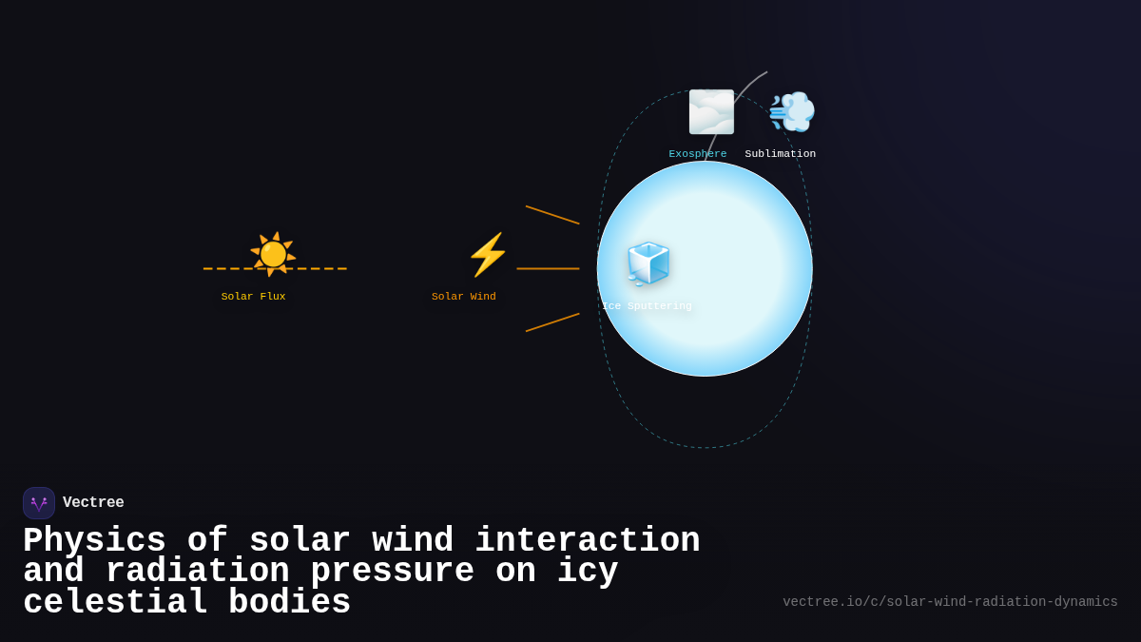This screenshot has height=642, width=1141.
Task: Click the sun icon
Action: [273, 254]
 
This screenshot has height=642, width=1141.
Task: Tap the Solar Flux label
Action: [253, 297]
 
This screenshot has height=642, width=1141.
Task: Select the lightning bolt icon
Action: [488, 255]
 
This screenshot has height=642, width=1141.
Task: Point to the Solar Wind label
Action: [464, 297]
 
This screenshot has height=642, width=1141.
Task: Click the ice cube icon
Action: [648, 263]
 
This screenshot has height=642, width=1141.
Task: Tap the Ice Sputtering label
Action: [647, 306]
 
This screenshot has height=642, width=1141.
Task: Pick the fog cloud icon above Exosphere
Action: [711, 112]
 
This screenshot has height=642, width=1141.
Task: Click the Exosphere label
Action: [698, 154]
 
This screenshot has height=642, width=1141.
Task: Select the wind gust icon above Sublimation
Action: [791, 112]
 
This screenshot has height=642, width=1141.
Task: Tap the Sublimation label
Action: [781, 154]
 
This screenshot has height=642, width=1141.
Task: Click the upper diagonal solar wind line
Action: [552, 215]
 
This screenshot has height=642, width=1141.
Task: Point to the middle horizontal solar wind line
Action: [548, 269]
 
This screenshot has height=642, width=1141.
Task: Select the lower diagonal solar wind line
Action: [552, 322]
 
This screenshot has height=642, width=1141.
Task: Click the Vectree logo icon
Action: [39, 503]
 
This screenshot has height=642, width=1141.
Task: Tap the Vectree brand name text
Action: [93, 503]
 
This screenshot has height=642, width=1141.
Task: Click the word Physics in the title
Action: [94, 541]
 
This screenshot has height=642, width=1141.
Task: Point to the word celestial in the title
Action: [115, 603]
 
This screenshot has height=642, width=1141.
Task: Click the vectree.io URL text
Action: [950, 602]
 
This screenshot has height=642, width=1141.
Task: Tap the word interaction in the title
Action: [587, 541]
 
